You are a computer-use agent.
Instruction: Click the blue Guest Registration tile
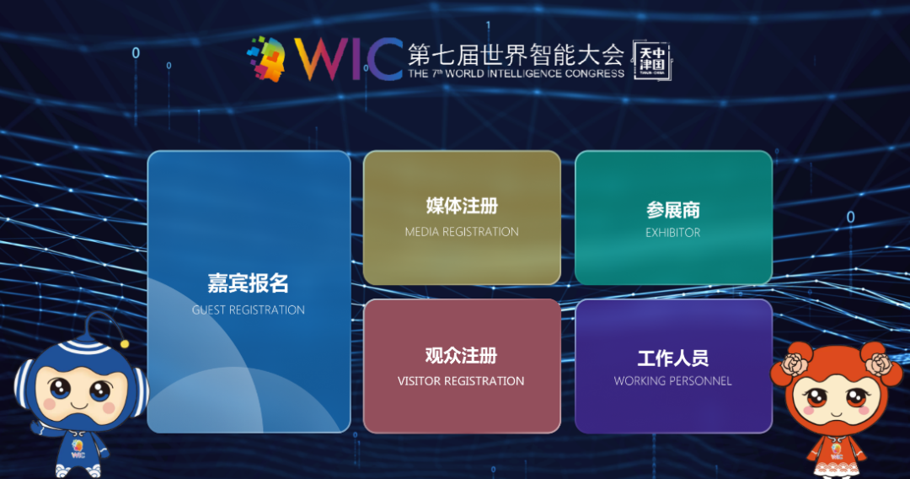(249, 292)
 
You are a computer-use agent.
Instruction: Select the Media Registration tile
(462, 218)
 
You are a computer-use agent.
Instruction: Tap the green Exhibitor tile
(673, 218)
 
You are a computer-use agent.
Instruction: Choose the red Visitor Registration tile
(462, 366)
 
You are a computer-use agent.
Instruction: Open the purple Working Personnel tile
(673, 366)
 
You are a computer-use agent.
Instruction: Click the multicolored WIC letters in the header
(348, 59)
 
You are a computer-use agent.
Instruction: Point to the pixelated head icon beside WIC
(266, 59)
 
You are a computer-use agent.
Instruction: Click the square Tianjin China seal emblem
(651, 61)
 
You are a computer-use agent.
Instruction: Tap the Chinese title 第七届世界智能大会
(516, 55)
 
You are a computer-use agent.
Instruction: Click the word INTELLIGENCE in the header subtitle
(525, 73)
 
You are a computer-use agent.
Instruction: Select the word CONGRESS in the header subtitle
(595, 73)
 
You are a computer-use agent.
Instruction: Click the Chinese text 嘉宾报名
(249, 283)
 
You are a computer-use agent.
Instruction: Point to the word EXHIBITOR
(673, 233)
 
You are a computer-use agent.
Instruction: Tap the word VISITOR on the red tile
(417, 381)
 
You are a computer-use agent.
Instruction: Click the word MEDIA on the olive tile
(422, 232)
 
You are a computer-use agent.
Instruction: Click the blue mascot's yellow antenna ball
(124, 344)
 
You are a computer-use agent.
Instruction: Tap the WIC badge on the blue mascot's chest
(78, 449)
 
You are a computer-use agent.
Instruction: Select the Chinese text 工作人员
(673, 358)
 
